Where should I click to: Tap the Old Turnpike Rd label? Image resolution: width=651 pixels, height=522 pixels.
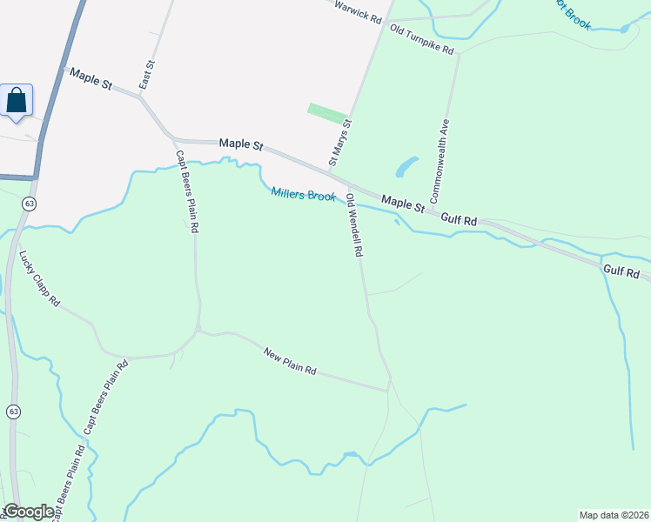[x=422, y=40]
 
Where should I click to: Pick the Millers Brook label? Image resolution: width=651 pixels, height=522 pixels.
[x=303, y=195]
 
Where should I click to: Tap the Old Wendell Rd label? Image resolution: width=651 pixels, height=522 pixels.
[x=353, y=224]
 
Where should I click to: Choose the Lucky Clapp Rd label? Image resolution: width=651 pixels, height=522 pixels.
[x=39, y=278]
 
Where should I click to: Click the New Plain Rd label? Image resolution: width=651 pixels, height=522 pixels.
[x=290, y=360]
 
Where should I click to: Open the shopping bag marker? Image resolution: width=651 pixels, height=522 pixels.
[x=17, y=100]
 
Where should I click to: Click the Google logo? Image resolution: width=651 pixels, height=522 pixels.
[x=29, y=512]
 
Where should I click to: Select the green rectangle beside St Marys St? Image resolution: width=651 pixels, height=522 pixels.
[x=327, y=114]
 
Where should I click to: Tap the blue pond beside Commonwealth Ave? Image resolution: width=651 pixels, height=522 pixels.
[x=406, y=166]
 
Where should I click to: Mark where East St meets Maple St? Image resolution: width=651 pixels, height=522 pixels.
[x=142, y=97]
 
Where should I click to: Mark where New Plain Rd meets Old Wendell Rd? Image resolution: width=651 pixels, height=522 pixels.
[x=388, y=391]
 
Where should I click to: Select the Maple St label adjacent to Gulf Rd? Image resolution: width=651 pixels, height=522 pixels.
[x=402, y=203]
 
